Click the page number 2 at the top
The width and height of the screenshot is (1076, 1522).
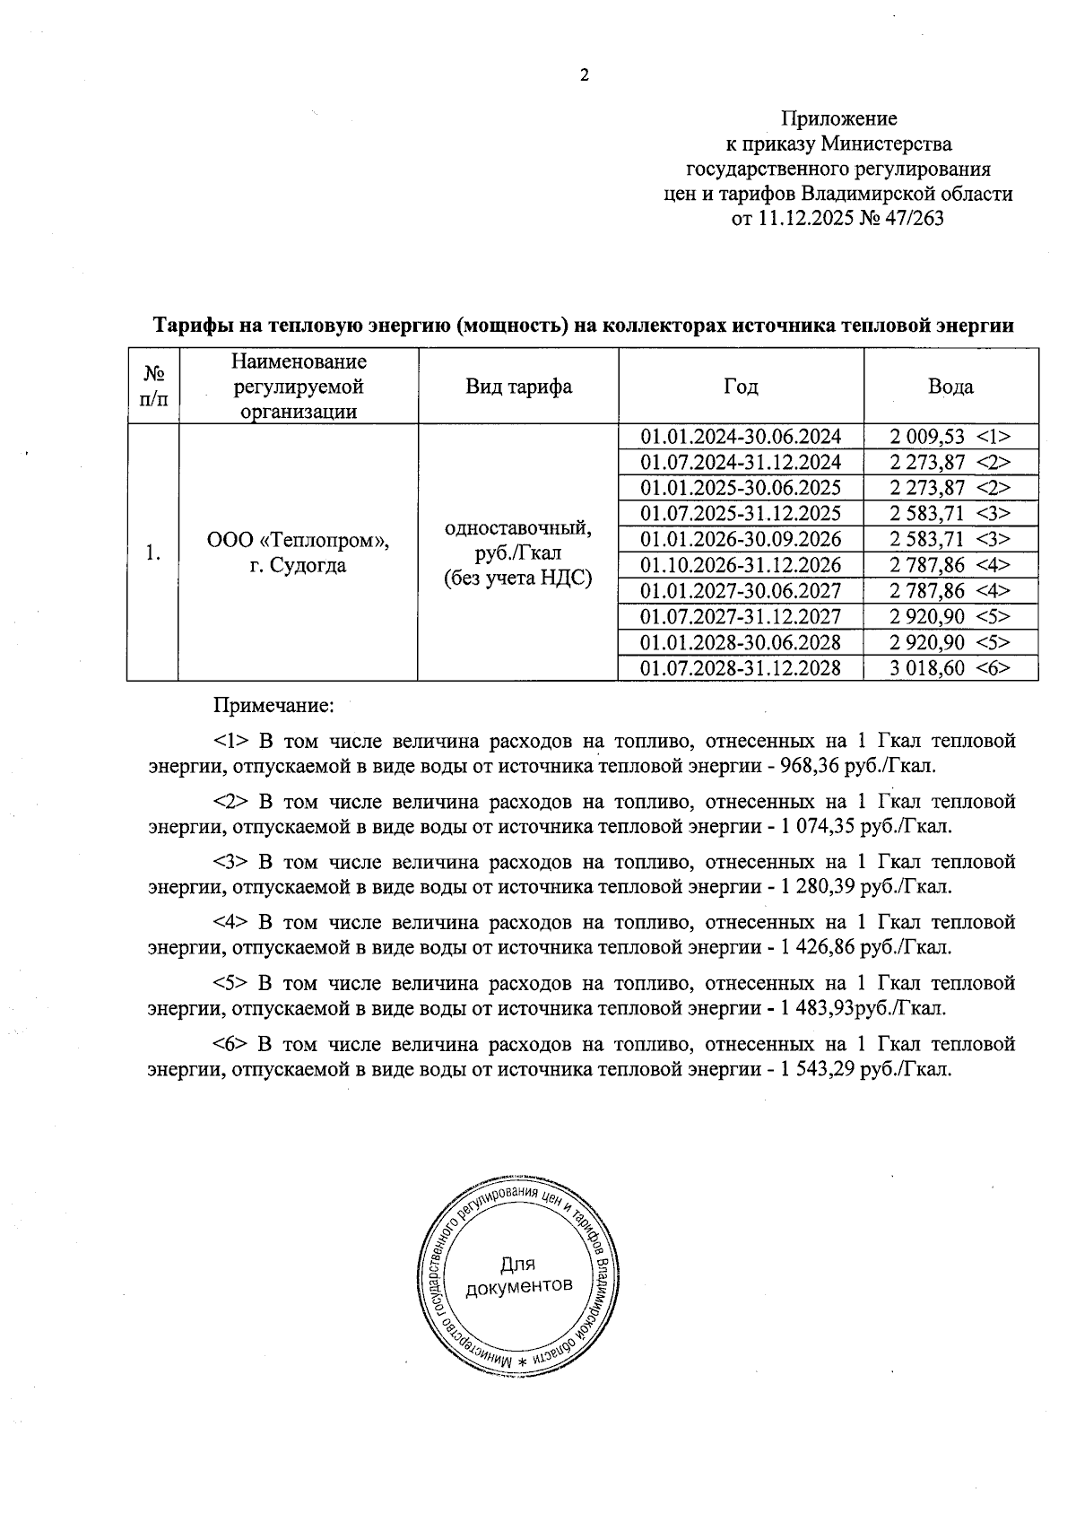[584, 76]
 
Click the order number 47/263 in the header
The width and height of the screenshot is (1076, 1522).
[914, 219]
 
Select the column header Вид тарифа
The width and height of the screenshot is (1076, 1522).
[518, 387]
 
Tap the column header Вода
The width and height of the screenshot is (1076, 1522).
[950, 387]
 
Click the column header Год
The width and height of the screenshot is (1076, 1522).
[741, 387]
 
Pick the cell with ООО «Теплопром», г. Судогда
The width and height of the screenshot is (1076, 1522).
[299, 552]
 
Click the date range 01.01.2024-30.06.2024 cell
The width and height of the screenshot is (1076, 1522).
[741, 437]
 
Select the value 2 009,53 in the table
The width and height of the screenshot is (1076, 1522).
[927, 437]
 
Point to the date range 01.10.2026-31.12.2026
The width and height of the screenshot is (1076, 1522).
[741, 565]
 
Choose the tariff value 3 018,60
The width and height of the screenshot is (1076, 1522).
[927, 668]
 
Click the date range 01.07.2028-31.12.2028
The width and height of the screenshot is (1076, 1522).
[741, 668]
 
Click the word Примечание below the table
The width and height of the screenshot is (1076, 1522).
[273, 706]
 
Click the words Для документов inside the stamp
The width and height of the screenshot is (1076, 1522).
[518, 1275]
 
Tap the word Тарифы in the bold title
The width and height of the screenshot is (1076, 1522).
[186, 326]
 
